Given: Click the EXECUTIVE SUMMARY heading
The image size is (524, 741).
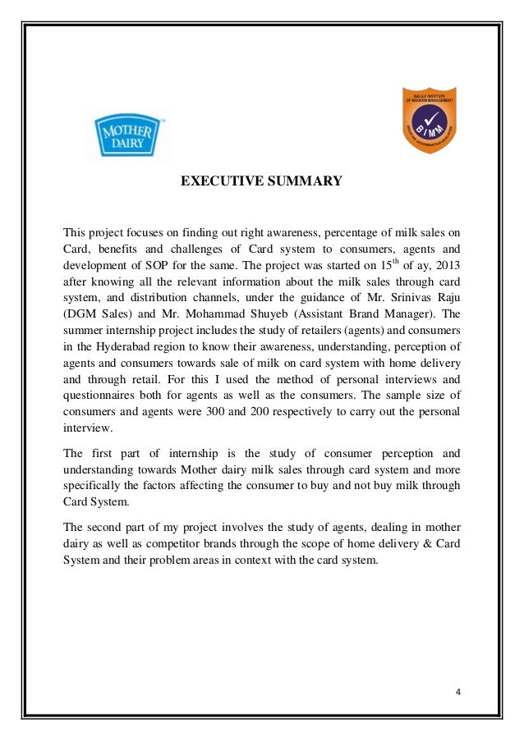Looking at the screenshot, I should coord(261,181).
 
